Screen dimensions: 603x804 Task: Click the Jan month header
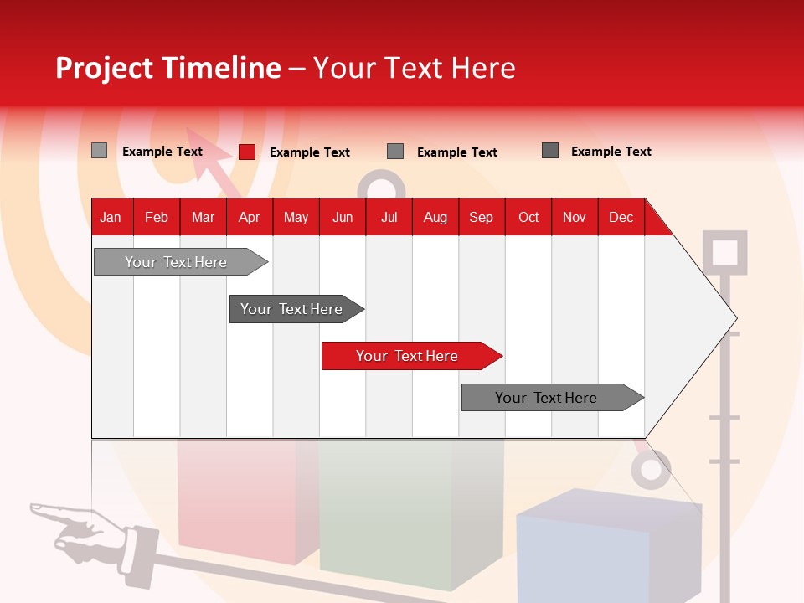coord(111,217)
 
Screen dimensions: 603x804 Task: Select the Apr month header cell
coord(249,217)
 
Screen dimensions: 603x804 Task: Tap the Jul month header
coord(389,217)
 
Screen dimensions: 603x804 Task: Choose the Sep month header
coord(481,217)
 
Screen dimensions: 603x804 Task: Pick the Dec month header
coord(621,217)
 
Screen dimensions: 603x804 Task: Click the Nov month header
coord(574,217)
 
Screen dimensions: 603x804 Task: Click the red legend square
coord(246,152)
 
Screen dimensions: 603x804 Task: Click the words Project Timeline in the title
coord(167,68)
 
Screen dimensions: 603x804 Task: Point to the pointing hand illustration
coord(80,528)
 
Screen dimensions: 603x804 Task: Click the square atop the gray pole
coord(724,252)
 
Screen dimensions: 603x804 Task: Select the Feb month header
coord(157,217)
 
